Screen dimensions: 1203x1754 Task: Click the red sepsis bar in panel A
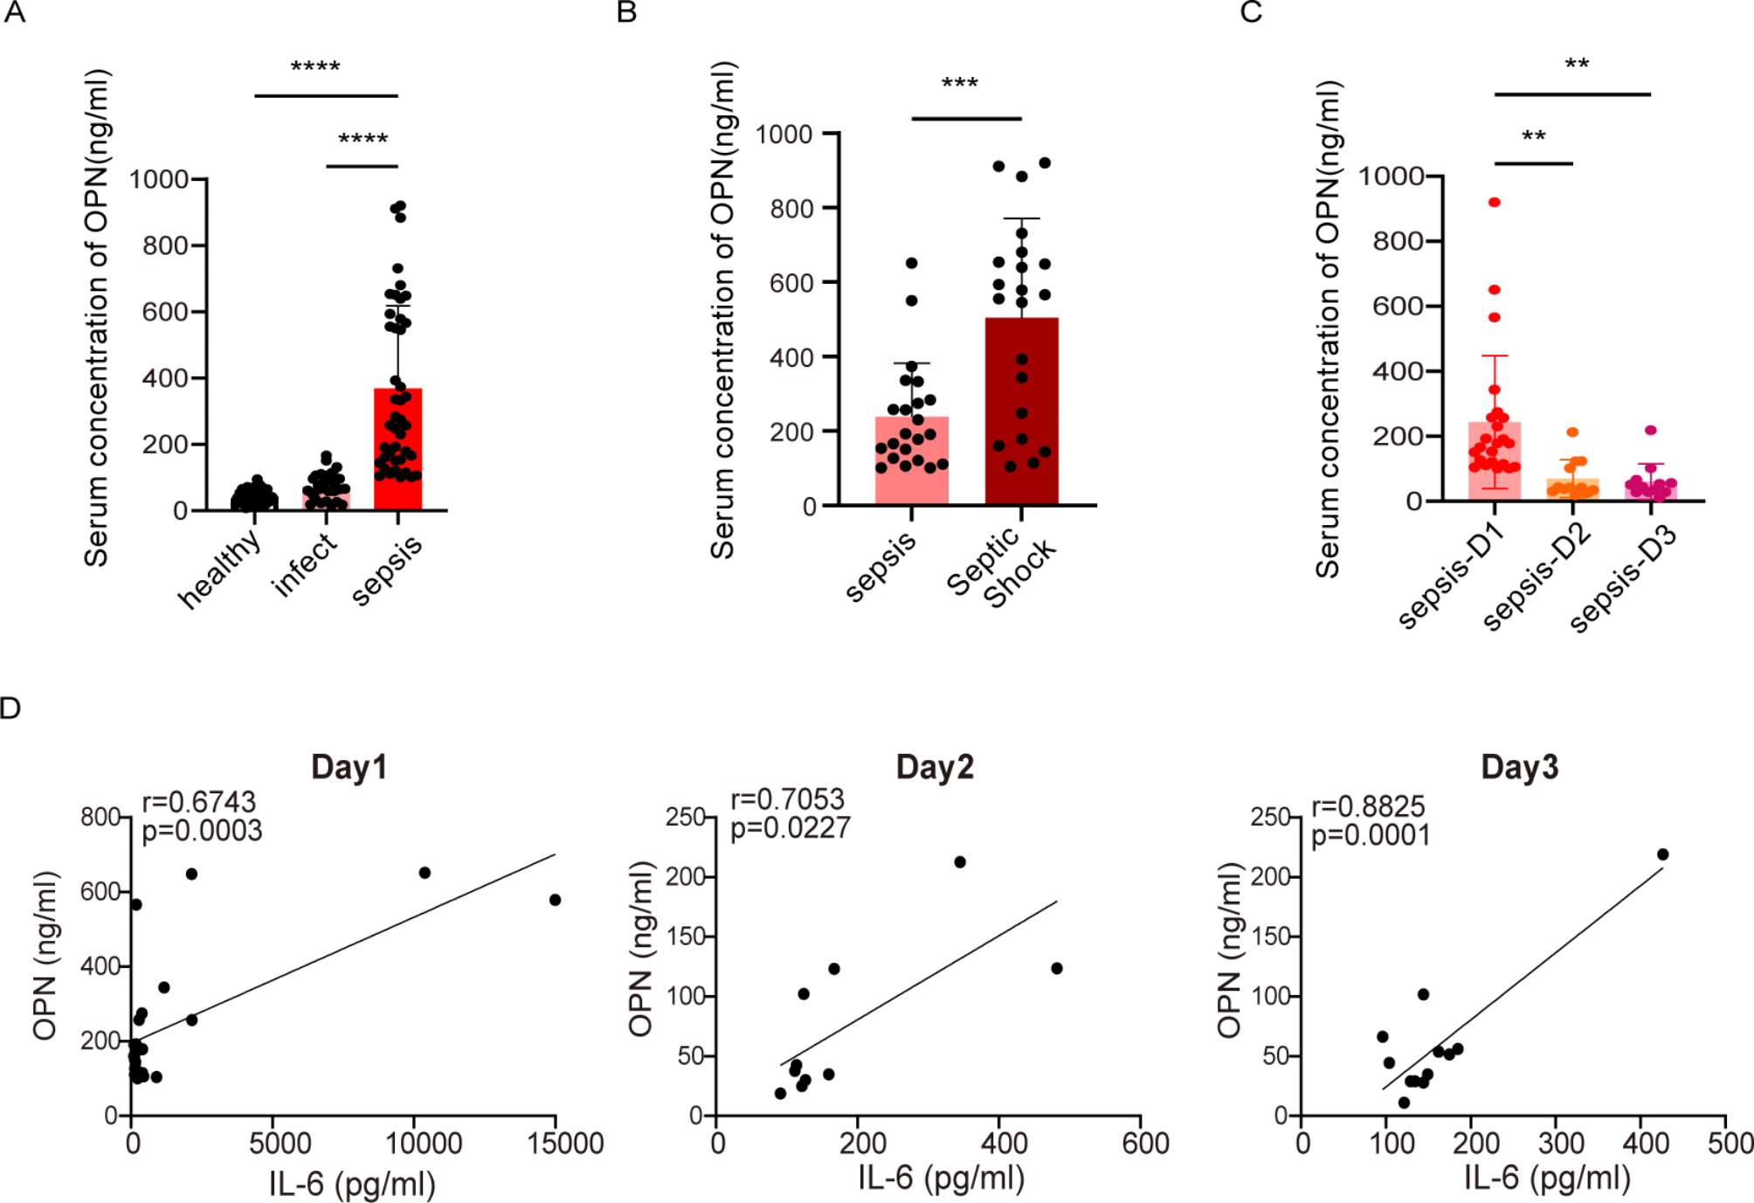[x=397, y=450]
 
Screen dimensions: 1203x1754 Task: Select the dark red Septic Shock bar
[x=1021, y=411]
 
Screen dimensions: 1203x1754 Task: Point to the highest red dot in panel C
[x=1495, y=203]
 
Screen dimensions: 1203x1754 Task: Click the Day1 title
[x=349, y=767]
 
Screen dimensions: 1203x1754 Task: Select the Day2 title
[x=934, y=767]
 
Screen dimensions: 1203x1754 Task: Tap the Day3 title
[x=1519, y=767]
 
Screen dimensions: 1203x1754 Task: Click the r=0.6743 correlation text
[x=199, y=801]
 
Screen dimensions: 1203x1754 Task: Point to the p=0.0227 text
[x=790, y=827]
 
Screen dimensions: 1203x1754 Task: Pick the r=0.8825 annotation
[x=1368, y=805]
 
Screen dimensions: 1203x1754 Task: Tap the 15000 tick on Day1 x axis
[x=565, y=1144]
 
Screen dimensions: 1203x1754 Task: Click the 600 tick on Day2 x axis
[x=1145, y=1144]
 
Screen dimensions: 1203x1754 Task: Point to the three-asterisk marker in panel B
[x=959, y=85]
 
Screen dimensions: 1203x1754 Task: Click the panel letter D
[x=10, y=708]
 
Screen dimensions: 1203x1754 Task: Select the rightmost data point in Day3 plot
[x=1662, y=854]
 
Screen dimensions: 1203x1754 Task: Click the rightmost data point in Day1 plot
[x=555, y=900]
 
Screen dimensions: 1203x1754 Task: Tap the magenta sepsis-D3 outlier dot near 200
[x=1650, y=431]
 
